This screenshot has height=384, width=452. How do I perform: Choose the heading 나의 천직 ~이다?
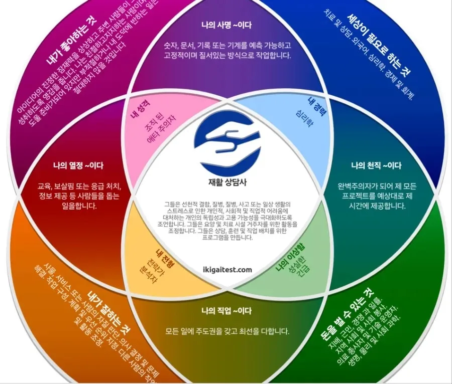[x=376, y=166]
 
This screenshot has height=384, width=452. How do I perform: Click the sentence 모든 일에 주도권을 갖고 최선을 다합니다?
[x=228, y=331]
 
